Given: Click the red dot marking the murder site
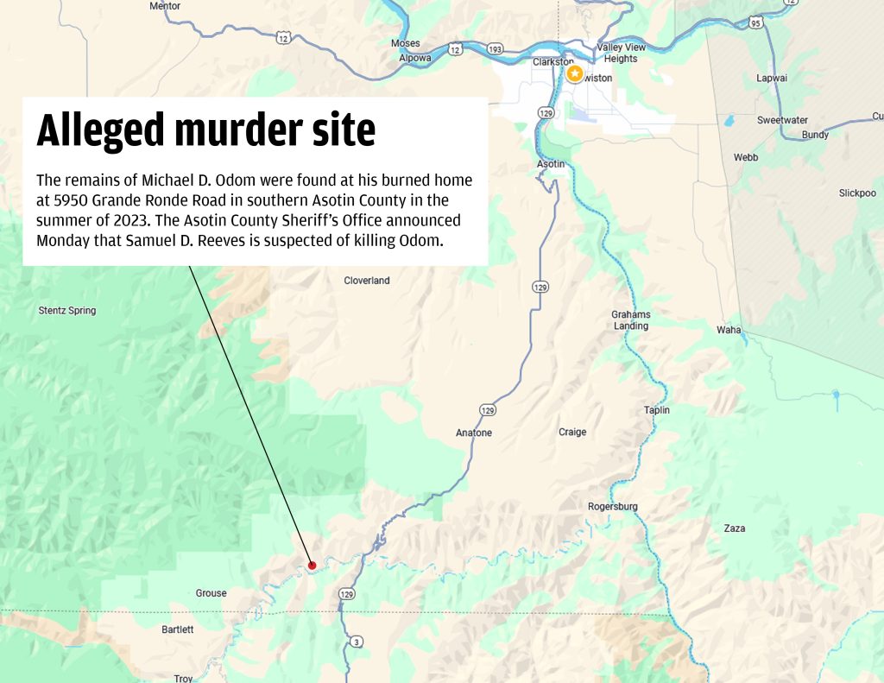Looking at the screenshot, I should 312,566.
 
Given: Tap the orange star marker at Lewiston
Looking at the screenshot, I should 575,74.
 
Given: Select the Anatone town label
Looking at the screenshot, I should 473,433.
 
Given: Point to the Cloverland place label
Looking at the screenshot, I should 367,281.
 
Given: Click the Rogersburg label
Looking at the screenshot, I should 612,506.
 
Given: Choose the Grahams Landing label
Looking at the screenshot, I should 630,320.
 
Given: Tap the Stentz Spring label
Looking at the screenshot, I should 67,311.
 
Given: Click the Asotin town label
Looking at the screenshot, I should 551,164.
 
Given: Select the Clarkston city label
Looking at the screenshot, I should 552,62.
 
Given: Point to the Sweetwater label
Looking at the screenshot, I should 782,120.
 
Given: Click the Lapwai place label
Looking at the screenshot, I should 771,78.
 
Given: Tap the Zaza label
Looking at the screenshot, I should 735,528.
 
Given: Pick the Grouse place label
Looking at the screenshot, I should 211,593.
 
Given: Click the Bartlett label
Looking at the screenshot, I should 178,629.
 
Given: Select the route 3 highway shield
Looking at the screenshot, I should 357,642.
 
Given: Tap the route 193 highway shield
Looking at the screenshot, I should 495,49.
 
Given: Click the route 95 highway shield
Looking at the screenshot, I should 757,23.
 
